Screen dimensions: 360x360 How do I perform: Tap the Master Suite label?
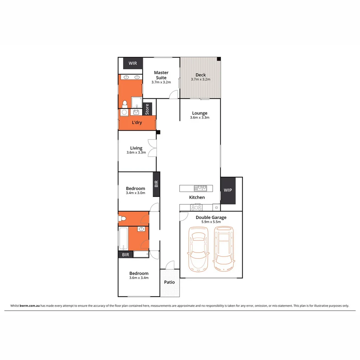pos(161,75)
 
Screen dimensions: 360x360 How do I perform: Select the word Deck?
pos(201,75)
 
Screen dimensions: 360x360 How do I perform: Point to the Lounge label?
pos(200,113)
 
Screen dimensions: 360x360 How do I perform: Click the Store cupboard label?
pos(147,109)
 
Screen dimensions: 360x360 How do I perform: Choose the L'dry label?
pos(137,122)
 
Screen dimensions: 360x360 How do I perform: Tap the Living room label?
pos(136,148)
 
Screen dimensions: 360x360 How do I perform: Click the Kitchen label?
pos(197,197)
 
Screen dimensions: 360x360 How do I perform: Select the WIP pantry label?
pos(228,190)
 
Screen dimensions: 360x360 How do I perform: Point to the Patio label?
pos(169,282)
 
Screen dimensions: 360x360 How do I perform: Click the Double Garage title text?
pos(211,217)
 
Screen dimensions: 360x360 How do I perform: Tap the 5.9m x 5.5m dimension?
pos(211,222)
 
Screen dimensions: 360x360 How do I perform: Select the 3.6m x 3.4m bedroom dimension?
pos(139,278)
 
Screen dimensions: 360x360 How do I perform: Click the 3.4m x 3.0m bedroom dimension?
pos(136,193)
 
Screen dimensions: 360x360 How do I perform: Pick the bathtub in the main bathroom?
pos(123,238)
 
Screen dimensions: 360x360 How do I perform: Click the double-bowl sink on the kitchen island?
pos(201,188)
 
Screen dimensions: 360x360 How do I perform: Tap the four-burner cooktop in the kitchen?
pos(196,208)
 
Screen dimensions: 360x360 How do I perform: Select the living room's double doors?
pos(152,148)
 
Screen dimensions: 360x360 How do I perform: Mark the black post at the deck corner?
pos(219,59)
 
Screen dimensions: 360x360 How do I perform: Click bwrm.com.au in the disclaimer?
pos(30,305)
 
